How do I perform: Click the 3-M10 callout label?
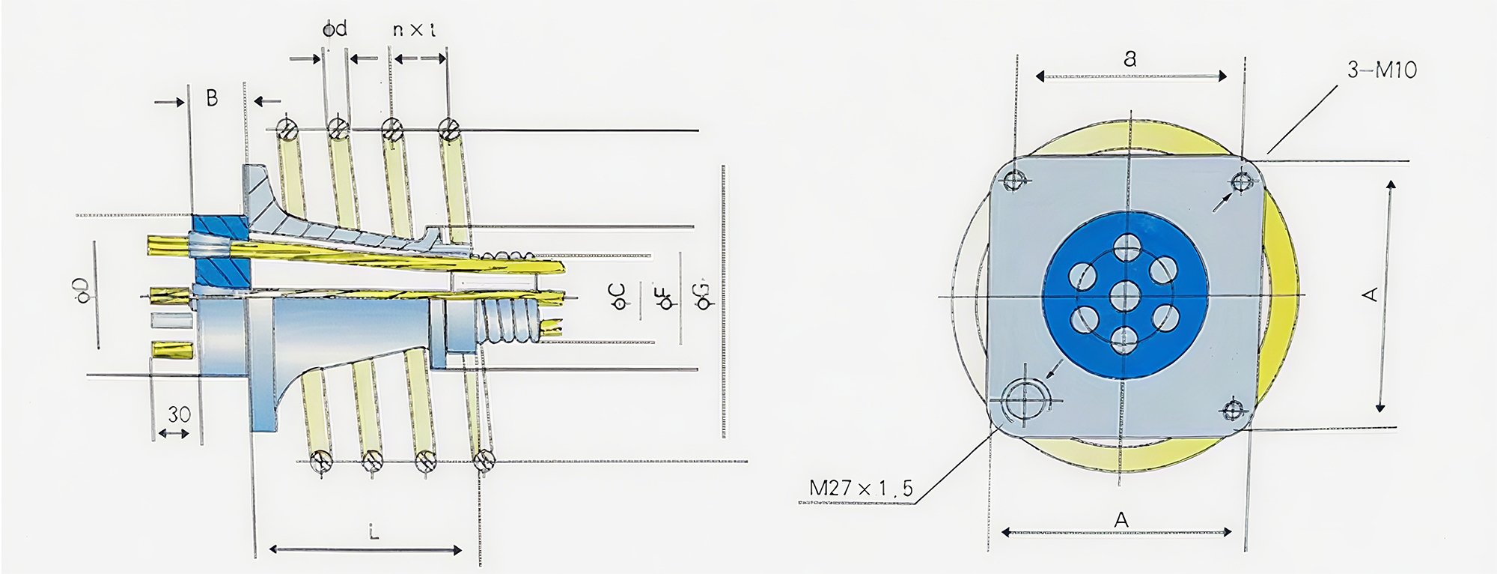(x=1382, y=70)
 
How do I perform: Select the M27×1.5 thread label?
(x=861, y=489)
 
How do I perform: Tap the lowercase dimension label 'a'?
(x=1130, y=58)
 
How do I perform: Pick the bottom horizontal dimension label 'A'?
(x=1121, y=519)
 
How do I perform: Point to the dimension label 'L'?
(x=373, y=533)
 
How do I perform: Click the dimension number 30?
(x=178, y=414)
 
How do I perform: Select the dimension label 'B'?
(x=212, y=97)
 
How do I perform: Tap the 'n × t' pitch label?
(x=415, y=30)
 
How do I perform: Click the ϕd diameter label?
(x=335, y=29)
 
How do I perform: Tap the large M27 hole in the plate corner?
(x=1022, y=398)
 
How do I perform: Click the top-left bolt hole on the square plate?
(x=1013, y=180)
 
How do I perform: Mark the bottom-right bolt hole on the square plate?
(x=1233, y=409)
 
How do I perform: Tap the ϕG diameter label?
(x=704, y=294)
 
